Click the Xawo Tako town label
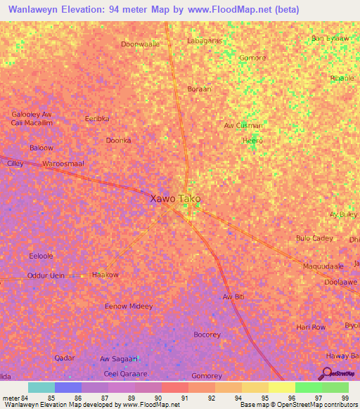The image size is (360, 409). click(x=175, y=199)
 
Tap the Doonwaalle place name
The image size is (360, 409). click(x=141, y=44)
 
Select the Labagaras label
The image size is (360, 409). click(x=205, y=41)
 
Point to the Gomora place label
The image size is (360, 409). click(x=252, y=58)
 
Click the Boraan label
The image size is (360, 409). click(x=199, y=89)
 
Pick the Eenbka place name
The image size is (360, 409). click(x=97, y=119)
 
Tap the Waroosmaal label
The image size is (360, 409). click(x=63, y=164)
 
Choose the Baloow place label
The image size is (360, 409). click(x=41, y=148)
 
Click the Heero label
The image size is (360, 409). click(x=252, y=141)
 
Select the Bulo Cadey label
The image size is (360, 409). click(x=314, y=238)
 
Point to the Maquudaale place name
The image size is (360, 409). click(x=323, y=267)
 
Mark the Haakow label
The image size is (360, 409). click(x=105, y=275)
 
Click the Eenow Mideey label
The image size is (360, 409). click(x=128, y=306)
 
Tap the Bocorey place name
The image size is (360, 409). click(x=207, y=335)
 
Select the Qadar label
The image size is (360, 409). click(x=64, y=358)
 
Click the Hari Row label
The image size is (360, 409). click(x=311, y=327)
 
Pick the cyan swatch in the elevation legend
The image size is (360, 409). click(x=41, y=387)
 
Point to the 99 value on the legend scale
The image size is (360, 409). click(x=345, y=398)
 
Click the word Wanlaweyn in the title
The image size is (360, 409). click(x=34, y=10)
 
